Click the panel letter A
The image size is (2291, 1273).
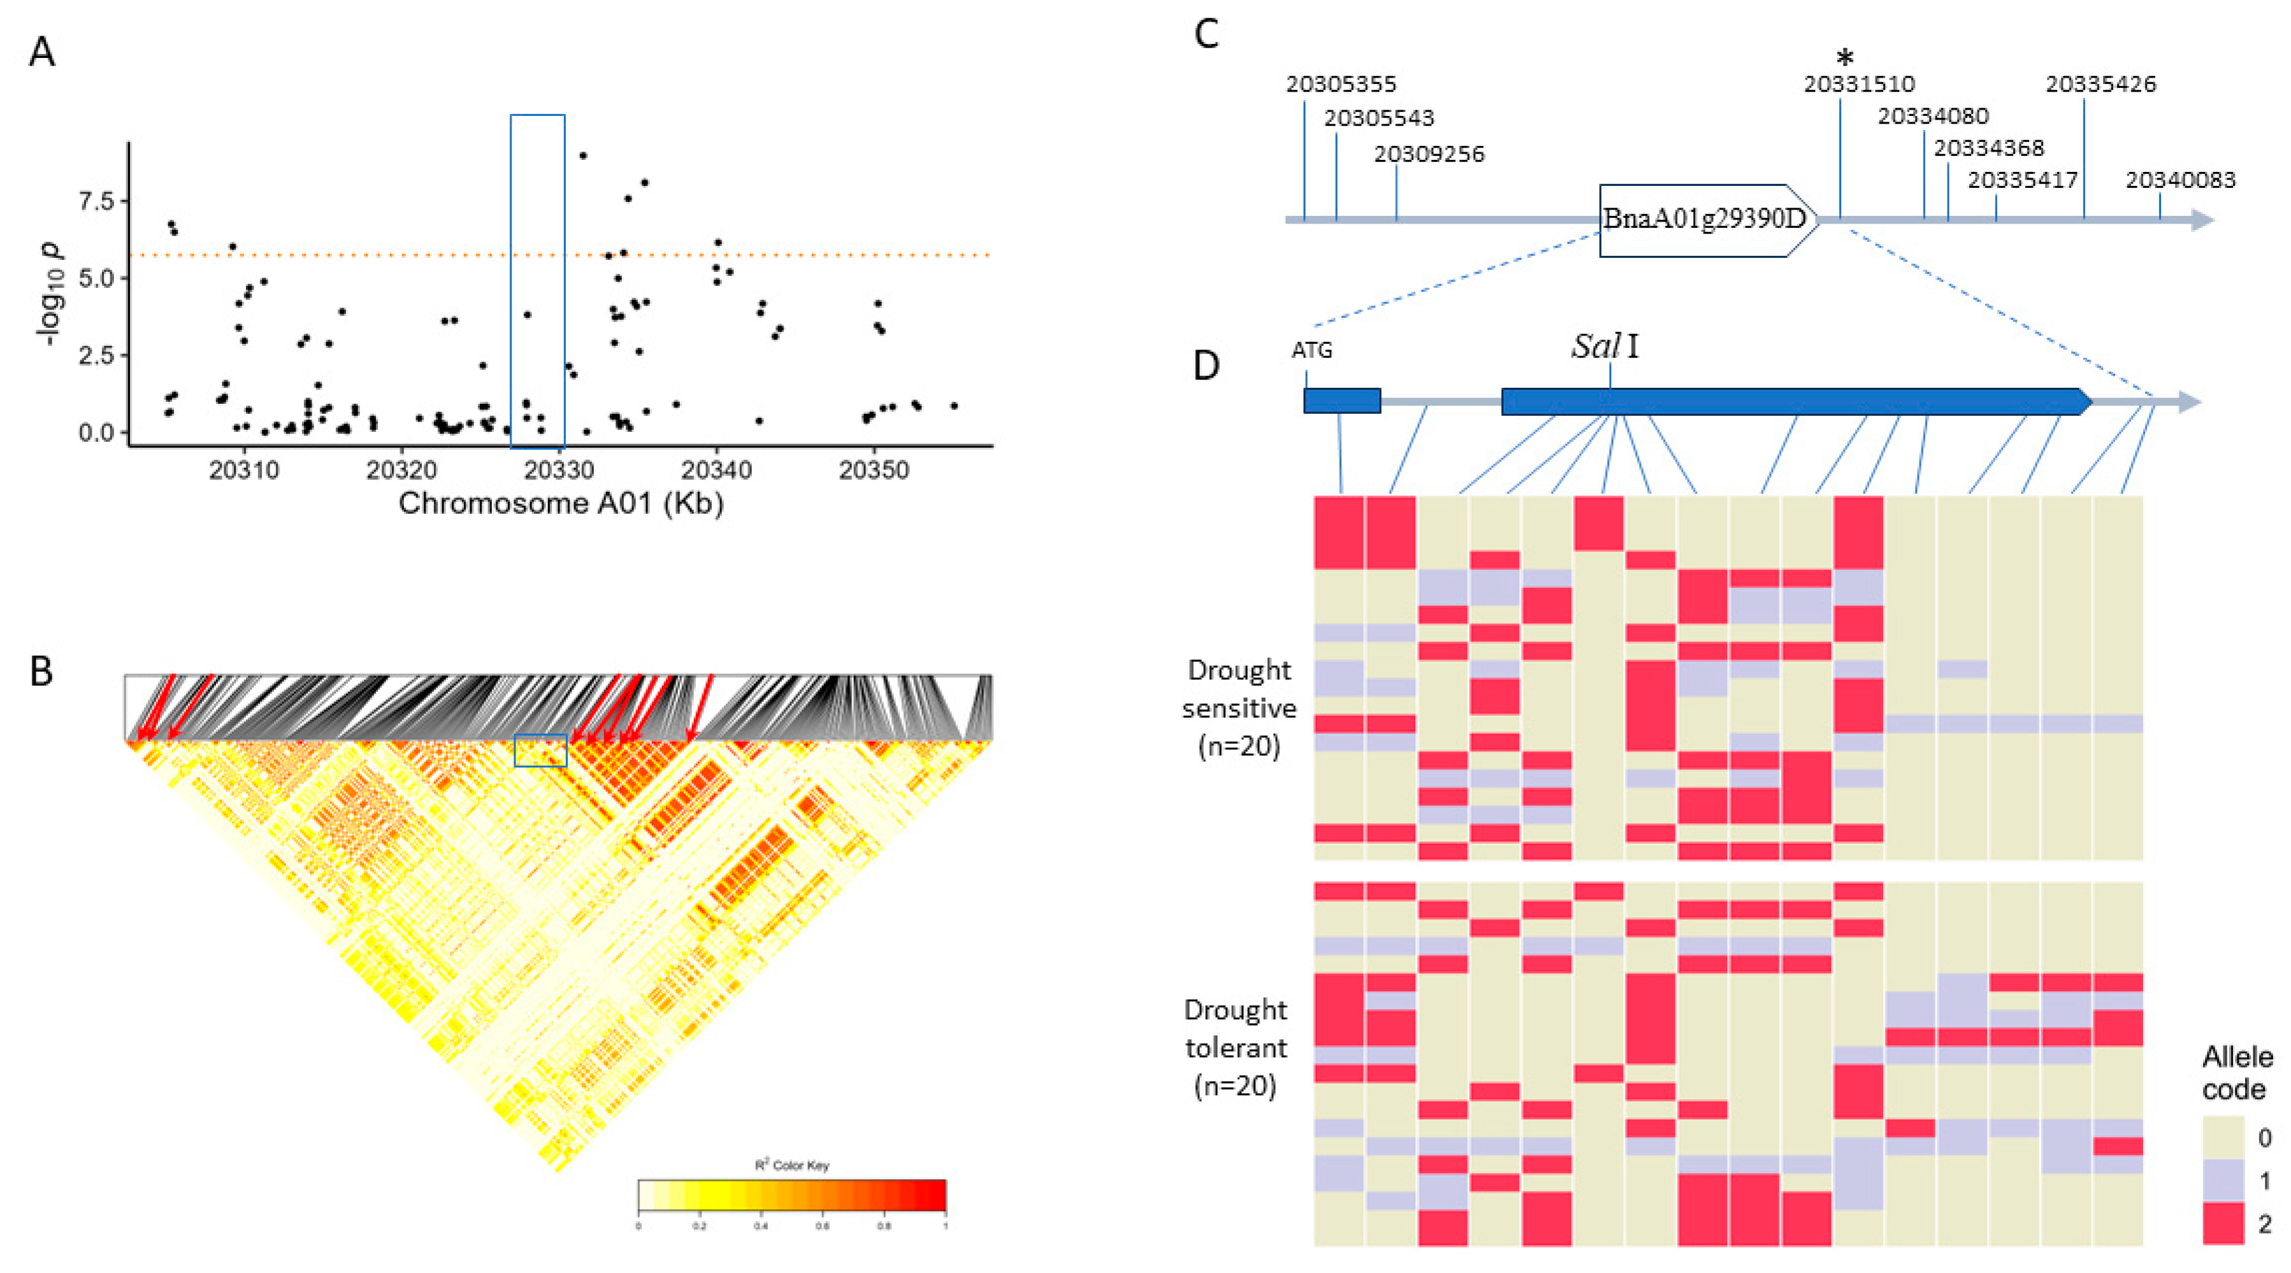click(x=42, y=52)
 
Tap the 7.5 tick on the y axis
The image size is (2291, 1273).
click(x=97, y=201)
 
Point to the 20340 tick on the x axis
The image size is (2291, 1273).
click(x=716, y=469)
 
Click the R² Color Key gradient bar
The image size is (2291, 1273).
click(x=791, y=1195)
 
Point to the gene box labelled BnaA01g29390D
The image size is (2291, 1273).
click(x=1705, y=220)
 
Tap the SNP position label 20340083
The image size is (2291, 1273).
click(x=2180, y=180)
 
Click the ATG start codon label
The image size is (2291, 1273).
click(x=1312, y=351)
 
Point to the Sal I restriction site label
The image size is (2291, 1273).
click(x=1605, y=346)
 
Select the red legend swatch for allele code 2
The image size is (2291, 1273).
click(x=2223, y=1223)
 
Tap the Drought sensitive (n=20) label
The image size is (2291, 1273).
click(x=1239, y=708)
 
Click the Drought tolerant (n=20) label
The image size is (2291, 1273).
click(x=1235, y=1047)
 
